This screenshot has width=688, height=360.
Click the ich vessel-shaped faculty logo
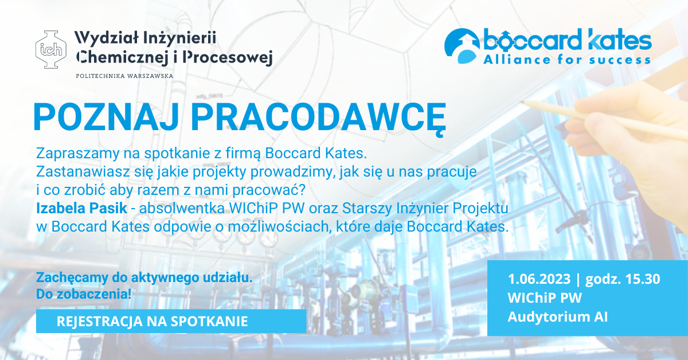(x=50, y=49)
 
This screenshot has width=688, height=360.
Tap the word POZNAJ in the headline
(x=106, y=118)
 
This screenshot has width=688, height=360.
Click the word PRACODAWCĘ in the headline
(x=318, y=120)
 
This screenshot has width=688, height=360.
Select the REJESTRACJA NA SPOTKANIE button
(x=171, y=321)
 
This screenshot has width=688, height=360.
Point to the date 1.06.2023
(x=539, y=279)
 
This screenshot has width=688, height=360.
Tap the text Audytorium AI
(x=557, y=317)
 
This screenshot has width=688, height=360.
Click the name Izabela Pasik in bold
(x=81, y=208)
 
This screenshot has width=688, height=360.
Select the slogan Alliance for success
(x=567, y=60)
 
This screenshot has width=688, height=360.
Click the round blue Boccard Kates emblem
(x=462, y=46)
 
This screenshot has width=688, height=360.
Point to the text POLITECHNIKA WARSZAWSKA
(x=125, y=76)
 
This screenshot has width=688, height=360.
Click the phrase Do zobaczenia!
(x=84, y=294)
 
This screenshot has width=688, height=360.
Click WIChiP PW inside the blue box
(x=545, y=298)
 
